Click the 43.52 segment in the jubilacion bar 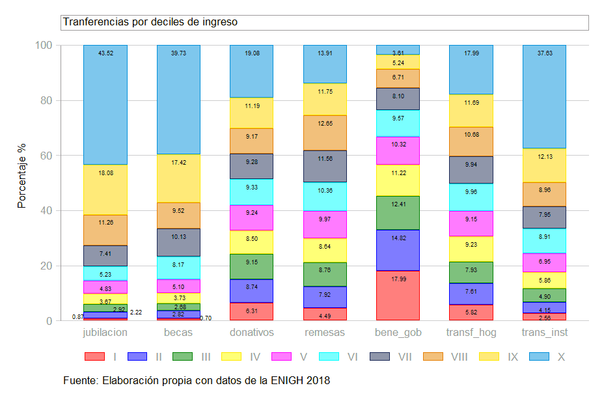click(x=105, y=104)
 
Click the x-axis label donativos click(x=252, y=333)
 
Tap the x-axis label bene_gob click(x=398, y=333)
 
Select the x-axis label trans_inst click(x=545, y=333)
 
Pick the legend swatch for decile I click(x=95, y=357)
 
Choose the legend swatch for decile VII click(x=381, y=357)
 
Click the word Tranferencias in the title click(x=92, y=22)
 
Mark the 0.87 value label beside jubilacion click(x=77, y=317)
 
